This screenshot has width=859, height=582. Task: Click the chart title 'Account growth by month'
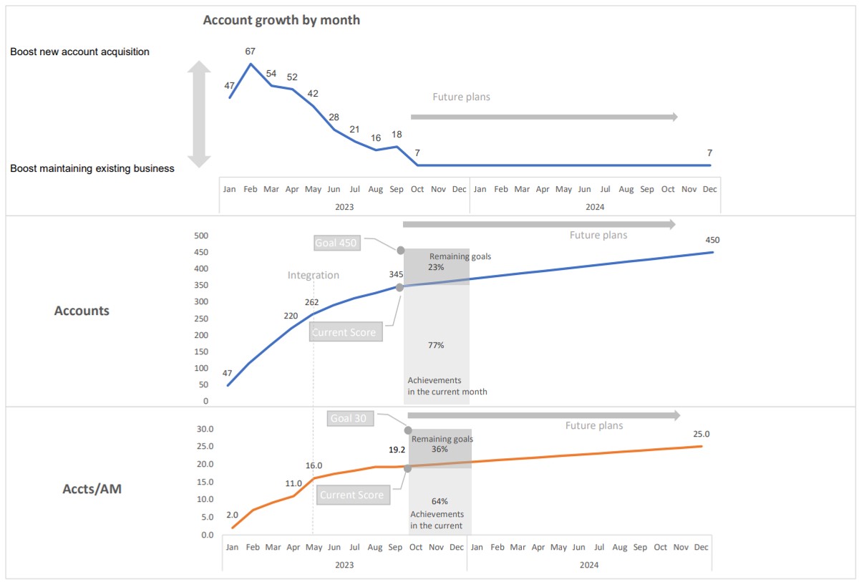tap(281, 20)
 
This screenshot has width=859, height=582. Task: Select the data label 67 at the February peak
tap(250, 51)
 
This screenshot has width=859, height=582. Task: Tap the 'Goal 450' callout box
tap(336, 243)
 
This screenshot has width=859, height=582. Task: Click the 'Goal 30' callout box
tap(349, 418)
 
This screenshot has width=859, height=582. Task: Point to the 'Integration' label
tap(313, 275)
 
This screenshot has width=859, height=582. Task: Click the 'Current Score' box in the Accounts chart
tap(344, 332)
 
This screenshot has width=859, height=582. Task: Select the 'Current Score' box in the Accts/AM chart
tap(351, 495)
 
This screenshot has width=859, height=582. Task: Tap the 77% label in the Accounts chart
tap(436, 345)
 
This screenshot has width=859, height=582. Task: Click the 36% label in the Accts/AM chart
tap(440, 450)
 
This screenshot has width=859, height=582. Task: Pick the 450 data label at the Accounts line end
tap(712, 240)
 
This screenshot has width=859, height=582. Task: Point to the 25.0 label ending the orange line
tap(702, 434)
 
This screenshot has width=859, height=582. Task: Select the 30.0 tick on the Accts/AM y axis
tap(205, 430)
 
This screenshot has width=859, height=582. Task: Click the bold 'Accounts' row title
tap(82, 311)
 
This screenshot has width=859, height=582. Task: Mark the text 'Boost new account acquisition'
tap(79, 52)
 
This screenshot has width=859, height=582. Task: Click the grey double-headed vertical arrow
tap(199, 115)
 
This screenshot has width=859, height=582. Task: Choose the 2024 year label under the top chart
tap(595, 207)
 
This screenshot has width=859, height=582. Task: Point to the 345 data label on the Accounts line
tap(396, 274)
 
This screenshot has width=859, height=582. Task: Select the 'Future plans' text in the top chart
tap(461, 97)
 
